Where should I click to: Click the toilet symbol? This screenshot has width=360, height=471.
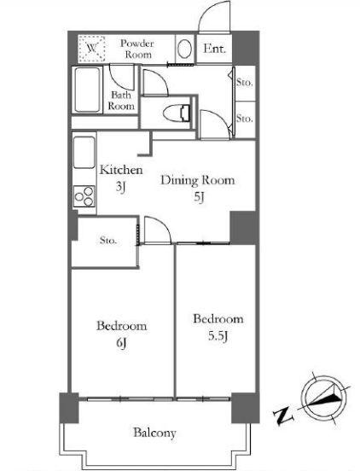click(x=177, y=113)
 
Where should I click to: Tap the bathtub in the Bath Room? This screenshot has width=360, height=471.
click(x=87, y=90)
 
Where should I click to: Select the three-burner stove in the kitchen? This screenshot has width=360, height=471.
click(x=84, y=196)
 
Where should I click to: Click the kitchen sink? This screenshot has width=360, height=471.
click(x=84, y=153)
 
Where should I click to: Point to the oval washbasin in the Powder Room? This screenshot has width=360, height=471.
click(x=184, y=49)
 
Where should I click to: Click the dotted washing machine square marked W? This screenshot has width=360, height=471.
click(x=92, y=49)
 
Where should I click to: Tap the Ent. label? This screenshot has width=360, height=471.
click(x=214, y=49)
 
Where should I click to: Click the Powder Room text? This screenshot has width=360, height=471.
click(x=137, y=49)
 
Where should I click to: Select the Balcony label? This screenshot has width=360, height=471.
click(x=154, y=433)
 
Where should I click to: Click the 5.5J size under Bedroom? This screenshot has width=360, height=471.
click(x=218, y=336)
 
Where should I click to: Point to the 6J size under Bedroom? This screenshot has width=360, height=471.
click(x=120, y=343)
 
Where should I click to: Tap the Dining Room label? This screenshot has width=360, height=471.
click(x=198, y=180)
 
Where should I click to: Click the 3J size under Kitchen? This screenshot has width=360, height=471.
click(x=120, y=188)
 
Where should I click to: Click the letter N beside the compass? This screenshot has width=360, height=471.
click(x=282, y=416)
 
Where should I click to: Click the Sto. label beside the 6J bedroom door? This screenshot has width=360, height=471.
click(x=107, y=241)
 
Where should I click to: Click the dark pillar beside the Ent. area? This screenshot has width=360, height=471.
click(x=246, y=48)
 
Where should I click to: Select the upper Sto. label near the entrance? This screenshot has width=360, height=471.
click(x=244, y=82)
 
